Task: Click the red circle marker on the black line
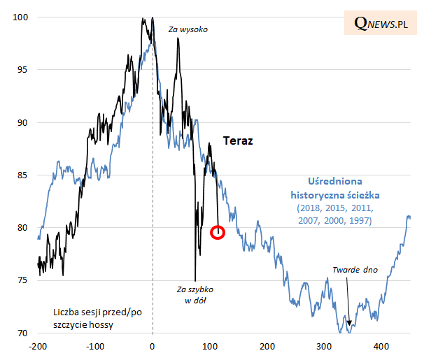218,232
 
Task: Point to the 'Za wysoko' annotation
188,30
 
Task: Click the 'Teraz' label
237,141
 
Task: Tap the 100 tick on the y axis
22,17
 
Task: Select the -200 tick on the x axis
38,346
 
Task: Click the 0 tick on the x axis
153,346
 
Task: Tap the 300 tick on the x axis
324,346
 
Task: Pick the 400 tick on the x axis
381,346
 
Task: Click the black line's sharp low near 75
195,279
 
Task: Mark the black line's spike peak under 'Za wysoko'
178,38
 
